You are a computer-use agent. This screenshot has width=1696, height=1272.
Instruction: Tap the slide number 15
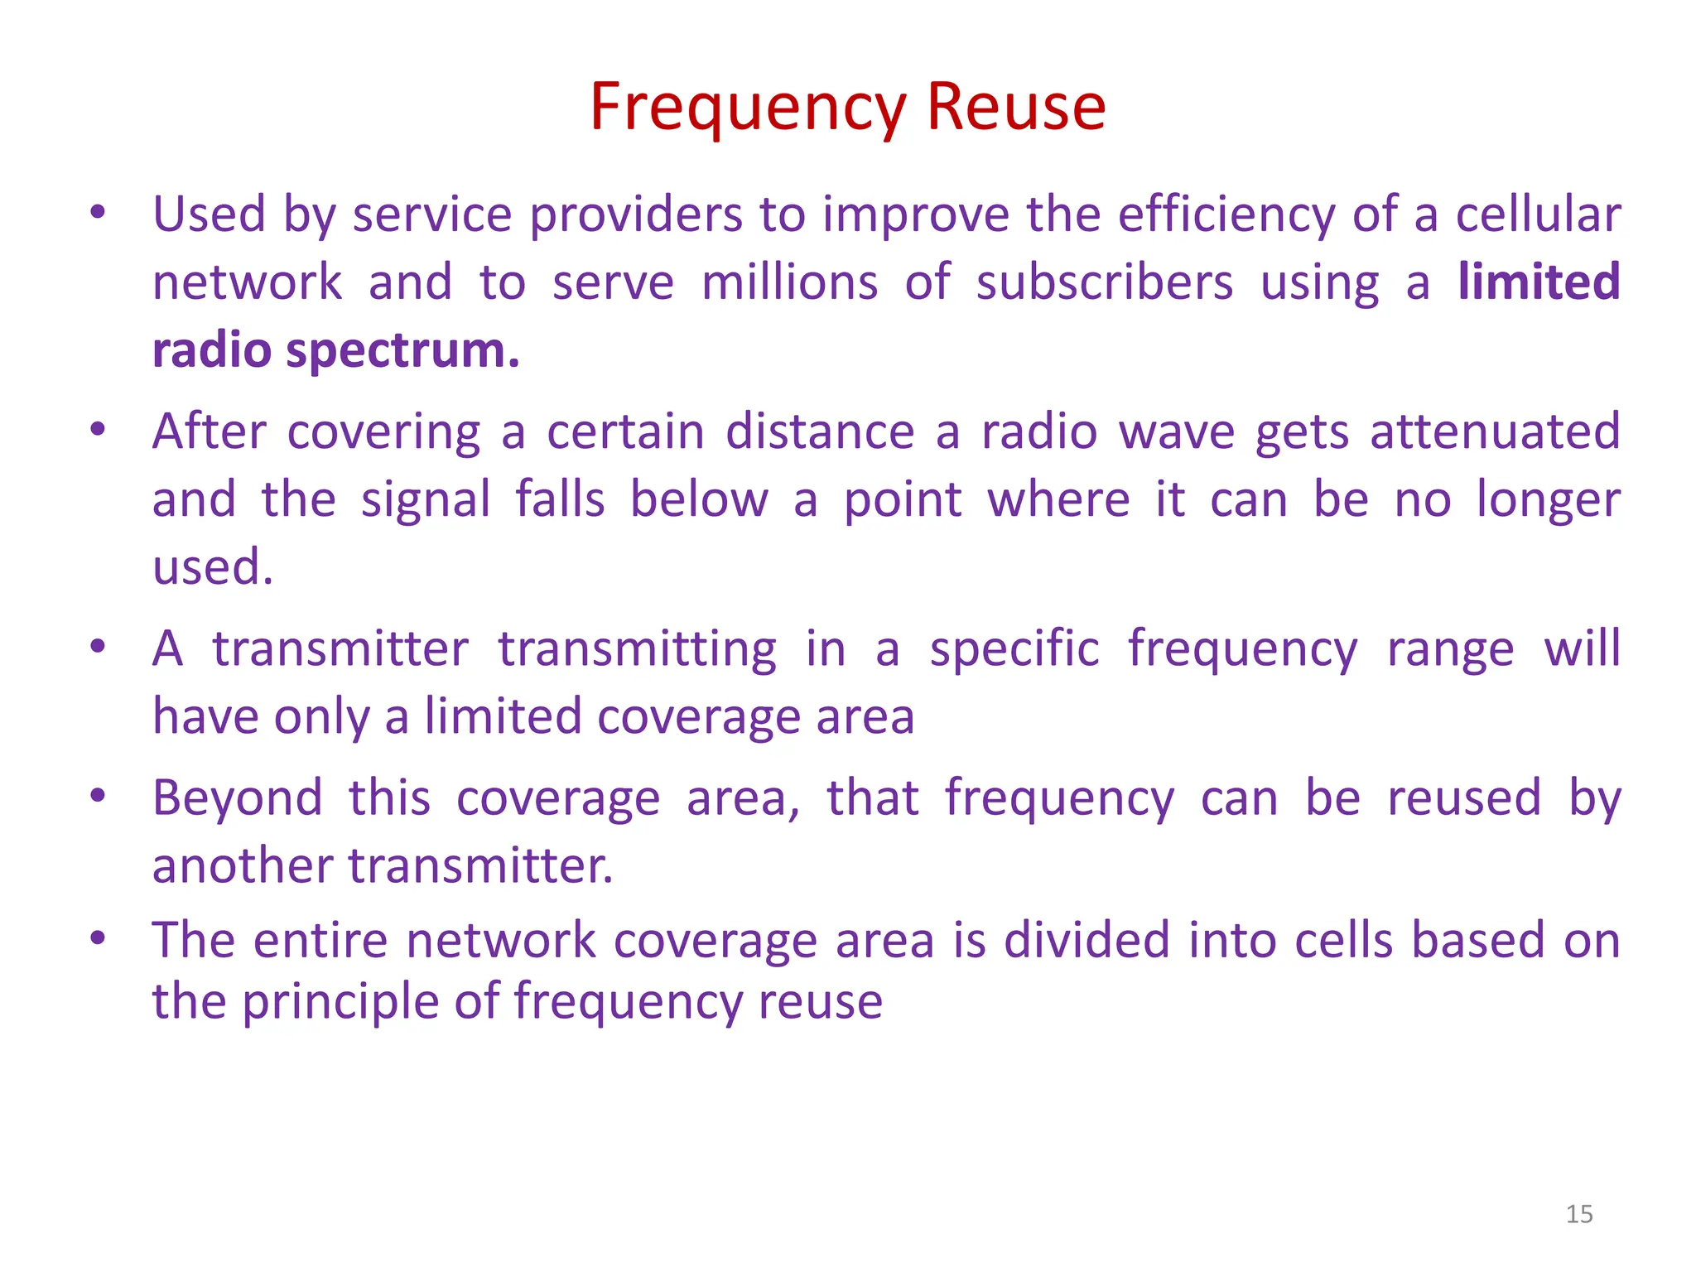[1579, 1214]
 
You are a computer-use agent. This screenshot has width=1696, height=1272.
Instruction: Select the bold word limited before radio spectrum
[1539, 282]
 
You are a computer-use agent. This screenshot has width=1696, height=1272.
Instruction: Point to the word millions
[789, 282]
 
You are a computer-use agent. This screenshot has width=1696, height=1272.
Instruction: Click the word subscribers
[1105, 282]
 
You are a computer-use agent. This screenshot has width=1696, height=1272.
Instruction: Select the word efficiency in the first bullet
[1226, 214]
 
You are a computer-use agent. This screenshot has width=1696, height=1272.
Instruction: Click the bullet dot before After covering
[98, 429]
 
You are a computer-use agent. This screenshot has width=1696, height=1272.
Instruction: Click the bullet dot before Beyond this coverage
[98, 795]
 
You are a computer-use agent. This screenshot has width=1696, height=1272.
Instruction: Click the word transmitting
[637, 648]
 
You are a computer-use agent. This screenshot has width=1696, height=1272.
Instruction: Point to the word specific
[1014, 648]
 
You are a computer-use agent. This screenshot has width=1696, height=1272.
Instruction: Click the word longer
[1549, 500]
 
